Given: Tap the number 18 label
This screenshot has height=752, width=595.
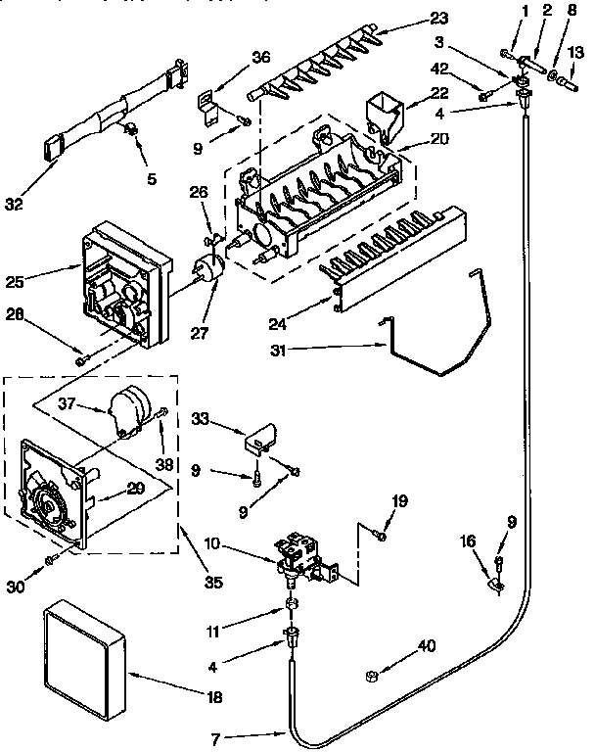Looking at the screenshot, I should (x=213, y=697).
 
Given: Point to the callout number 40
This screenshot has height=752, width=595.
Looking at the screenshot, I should (x=426, y=644).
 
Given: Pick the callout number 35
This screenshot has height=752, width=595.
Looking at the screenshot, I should (x=212, y=583).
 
